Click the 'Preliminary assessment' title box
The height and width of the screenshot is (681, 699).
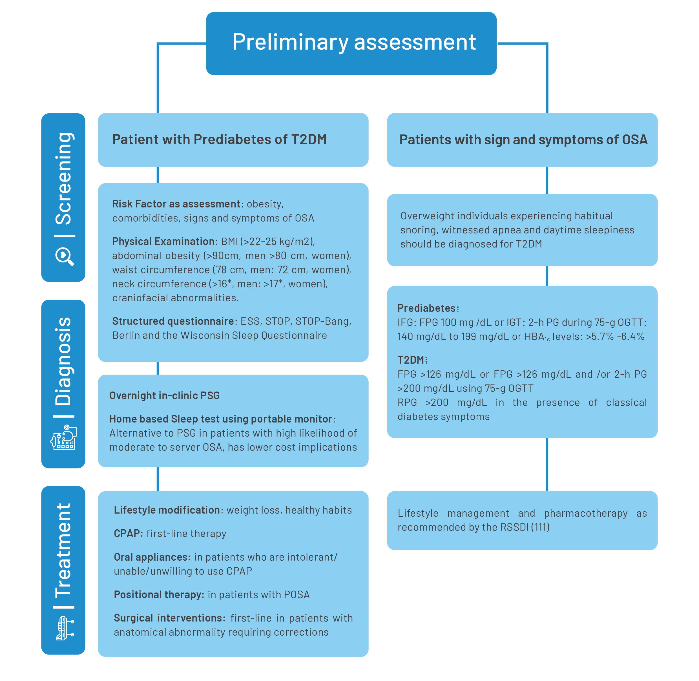click(351, 43)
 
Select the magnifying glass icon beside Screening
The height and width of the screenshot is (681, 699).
click(64, 256)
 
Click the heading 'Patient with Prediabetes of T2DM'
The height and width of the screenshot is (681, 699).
click(219, 140)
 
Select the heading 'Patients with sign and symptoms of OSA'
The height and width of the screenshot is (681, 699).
click(523, 140)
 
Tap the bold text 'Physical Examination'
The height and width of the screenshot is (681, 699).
click(163, 242)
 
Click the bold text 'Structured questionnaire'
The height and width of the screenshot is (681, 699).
click(173, 321)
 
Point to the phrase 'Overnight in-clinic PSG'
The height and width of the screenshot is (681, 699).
click(165, 395)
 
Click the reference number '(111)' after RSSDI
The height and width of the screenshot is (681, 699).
click(540, 527)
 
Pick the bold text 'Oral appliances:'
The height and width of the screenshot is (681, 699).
click(152, 557)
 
